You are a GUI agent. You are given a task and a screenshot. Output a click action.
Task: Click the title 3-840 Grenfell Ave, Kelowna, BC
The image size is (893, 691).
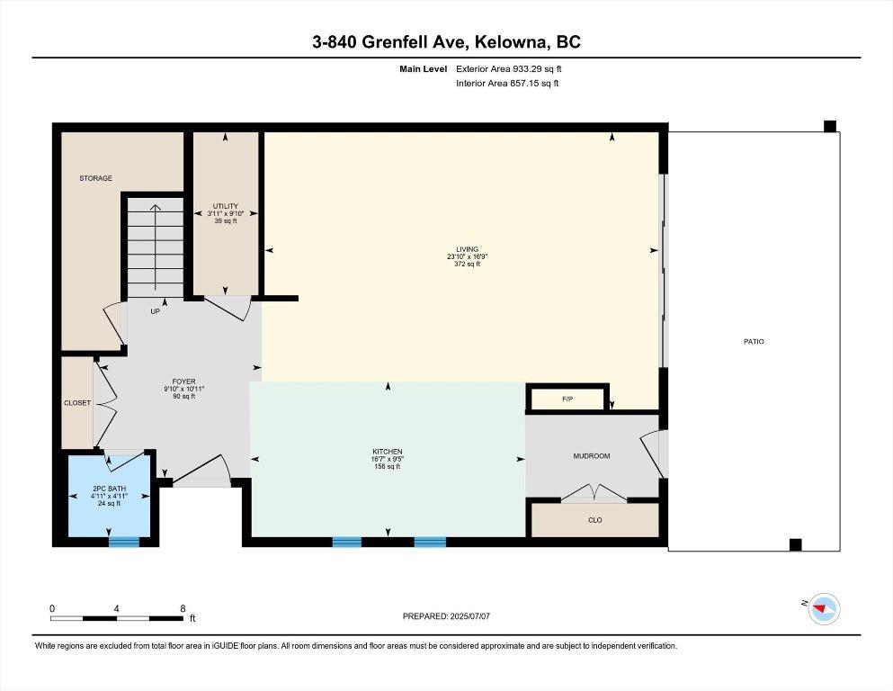tap(446, 41)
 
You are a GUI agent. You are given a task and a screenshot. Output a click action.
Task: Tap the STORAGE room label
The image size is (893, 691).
tap(95, 178)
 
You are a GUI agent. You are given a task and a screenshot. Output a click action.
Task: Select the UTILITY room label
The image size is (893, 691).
tap(225, 206)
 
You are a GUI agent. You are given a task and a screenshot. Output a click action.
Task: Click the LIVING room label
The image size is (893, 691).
tap(467, 249)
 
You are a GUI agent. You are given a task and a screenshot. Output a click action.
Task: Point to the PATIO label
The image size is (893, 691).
tap(754, 341)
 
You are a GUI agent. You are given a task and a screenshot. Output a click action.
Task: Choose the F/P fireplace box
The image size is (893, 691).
tap(567, 398)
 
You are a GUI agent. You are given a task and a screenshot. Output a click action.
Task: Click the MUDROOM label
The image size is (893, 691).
tap(592, 456)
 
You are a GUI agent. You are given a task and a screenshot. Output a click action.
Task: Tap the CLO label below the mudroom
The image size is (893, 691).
tap(594, 520)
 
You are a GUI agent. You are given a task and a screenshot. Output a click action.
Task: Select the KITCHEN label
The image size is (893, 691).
tap(388, 451)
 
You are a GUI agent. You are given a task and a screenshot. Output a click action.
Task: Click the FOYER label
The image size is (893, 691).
tap(184, 381)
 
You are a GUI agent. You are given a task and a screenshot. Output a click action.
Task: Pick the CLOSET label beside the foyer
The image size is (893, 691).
tap(77, 403)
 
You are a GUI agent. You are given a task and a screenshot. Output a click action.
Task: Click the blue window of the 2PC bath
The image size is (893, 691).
tap(124, 542)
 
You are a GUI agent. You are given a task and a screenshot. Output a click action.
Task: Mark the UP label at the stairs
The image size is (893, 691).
tap(155, 312)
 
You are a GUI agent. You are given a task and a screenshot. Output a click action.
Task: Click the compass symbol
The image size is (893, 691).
tap(823, 610)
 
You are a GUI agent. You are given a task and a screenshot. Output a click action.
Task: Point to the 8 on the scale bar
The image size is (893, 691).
tap(183, 608)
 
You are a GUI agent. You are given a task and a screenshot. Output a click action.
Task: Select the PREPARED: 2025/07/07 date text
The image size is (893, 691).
tap(446, 616)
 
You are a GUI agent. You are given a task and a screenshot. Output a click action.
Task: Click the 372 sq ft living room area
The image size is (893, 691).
tap(467, 265)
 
